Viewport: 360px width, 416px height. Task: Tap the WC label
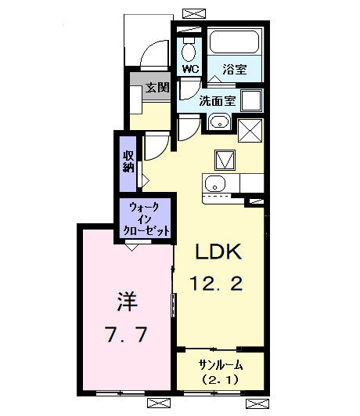(190, 69)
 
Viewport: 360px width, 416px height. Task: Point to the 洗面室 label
(217, 100)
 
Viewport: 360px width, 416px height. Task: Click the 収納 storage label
(128, 161)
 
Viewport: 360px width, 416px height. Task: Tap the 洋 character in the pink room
(124, 300)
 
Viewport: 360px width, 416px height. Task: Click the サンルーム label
(220, 364)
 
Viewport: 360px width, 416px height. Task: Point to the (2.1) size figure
(220, 380)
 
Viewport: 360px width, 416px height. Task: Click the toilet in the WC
(189, 50)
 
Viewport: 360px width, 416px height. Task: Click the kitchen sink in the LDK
(214, 185)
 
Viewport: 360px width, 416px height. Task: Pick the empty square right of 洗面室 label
(252, 101)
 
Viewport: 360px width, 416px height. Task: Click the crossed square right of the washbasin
(250, 128)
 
